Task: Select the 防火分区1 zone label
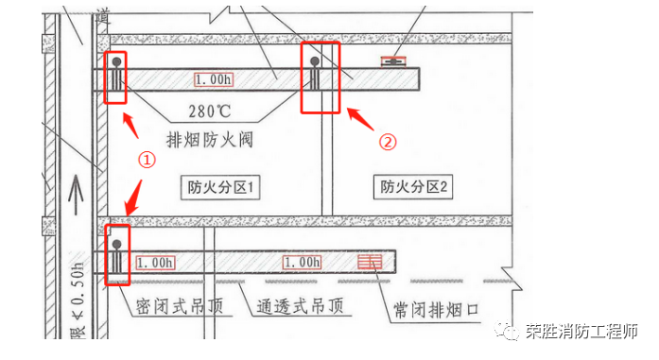click(x=220, y=187)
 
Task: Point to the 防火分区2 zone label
click(x=413, y=187)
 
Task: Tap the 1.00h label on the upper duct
click(x=214, y=80)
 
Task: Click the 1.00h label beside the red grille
click(x=303, y=261)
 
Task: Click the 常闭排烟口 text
click(x=435, y=309)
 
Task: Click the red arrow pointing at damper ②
click(x=362, y=121)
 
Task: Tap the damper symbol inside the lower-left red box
click(x=117, y=253)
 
